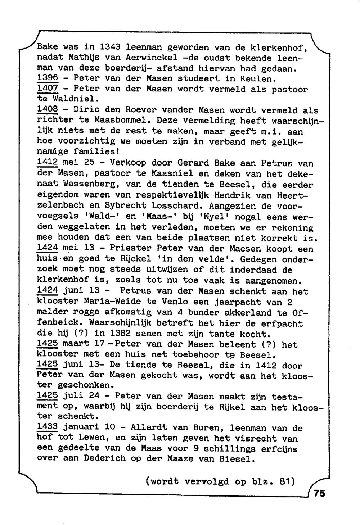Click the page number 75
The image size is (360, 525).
pyautogui.click(x=319, y=493)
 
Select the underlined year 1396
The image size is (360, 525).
pyautogui.click(x=48, y=78)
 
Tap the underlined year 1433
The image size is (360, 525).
pyautogui.click(x=48, y=427)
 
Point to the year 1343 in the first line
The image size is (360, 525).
pyautogui.click(x=109, y=47)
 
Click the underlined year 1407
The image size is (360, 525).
pyautogui.click(x=48, y=89)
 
